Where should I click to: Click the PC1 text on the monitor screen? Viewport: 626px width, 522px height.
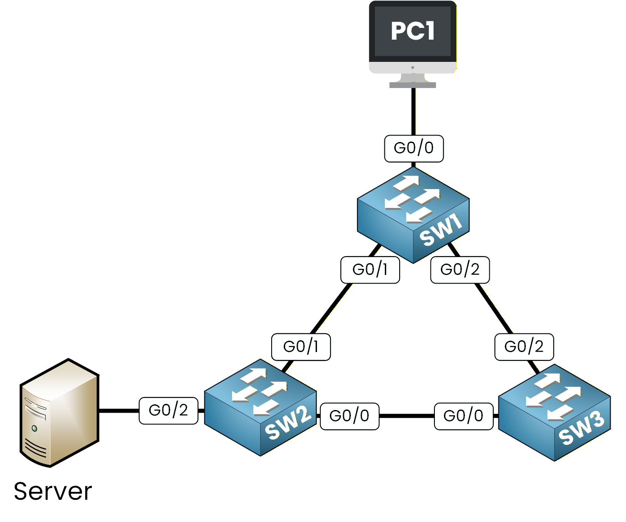click(412, 31)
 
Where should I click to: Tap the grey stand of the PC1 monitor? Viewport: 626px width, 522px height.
click(412, 81)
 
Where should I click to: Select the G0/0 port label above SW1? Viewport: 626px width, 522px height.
click(414, 149)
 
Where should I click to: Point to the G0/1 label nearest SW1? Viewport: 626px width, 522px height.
click(370, 270)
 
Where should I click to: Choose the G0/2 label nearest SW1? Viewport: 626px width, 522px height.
click(460, 270)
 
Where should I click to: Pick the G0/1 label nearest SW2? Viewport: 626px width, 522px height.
click(301, 347)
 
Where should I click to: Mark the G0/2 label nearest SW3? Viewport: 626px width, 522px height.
click(524, 347)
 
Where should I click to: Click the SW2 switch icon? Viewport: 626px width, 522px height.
click(260, 407)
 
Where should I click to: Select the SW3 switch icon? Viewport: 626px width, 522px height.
click(554, 412)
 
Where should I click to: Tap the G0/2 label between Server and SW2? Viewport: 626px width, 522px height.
click(168, 410)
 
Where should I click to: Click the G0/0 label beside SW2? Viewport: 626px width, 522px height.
click(350, 416)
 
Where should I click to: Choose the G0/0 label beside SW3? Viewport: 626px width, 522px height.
click(464, 416)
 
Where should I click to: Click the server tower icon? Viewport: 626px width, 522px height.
click(60, 413)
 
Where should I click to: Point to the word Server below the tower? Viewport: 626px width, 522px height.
click(53, 491)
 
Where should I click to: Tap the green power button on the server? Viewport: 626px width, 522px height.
click(34, 429)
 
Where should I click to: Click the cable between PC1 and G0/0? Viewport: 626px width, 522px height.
click(413, 111)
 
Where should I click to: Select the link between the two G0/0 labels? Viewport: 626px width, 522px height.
click(407, 416)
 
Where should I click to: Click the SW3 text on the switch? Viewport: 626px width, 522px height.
click(581, 429)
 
